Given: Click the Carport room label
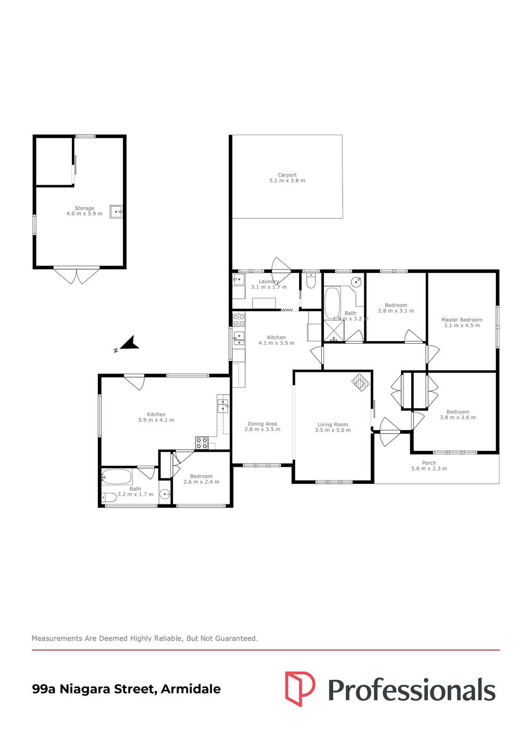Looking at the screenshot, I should pos(287,178).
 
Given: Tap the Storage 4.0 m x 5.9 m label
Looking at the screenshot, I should pos(84,211).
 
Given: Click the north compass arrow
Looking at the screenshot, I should pos(129,344).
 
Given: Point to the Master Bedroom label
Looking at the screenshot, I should pos(462,322).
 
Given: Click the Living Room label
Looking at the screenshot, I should pos(332,427).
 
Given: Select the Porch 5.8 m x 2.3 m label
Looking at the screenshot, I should pos(429,466).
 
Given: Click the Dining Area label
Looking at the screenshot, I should pos(262,426).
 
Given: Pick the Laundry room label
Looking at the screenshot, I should pos(269,284).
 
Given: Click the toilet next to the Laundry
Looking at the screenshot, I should pos(311,280).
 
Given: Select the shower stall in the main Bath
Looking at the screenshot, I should pos(334,331).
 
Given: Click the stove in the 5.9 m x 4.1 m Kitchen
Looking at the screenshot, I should pos(202,443).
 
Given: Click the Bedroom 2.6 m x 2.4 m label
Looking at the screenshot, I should pos(201,479).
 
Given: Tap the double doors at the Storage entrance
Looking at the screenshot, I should pos(77,276).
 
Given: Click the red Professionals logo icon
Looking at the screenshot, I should pos(300,689).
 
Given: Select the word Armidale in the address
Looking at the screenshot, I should pos(190,689).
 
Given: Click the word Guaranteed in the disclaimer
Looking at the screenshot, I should pos(236,638).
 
